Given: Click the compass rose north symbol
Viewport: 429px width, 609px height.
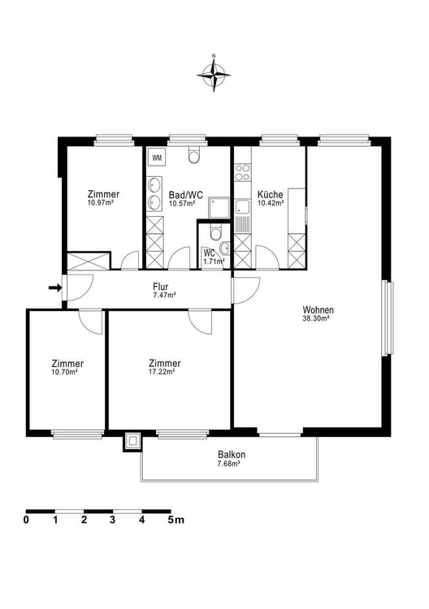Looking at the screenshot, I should coord(214,75).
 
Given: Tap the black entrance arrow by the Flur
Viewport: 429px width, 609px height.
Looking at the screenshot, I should coord(54,287).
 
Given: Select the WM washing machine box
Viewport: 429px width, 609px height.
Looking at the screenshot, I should coord(157,157).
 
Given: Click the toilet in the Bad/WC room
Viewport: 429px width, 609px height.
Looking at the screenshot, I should coord(193,155).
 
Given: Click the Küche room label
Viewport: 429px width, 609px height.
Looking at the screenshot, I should coord(270,195).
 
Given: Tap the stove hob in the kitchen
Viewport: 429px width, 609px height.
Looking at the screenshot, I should coord(241,172).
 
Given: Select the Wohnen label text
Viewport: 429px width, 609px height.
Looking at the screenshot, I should coord(318,309).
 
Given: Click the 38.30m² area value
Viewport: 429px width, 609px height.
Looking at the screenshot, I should coord(318,319).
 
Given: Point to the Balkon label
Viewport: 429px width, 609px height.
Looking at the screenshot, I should coord(231,455).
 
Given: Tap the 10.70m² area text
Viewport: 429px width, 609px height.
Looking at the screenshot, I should coord(66,373).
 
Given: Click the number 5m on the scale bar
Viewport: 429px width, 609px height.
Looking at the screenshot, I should coord(175,519).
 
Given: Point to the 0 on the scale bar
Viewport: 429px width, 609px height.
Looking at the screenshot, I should coord(27,519).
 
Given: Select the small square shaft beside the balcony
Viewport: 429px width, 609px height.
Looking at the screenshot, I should coord(132,441).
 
